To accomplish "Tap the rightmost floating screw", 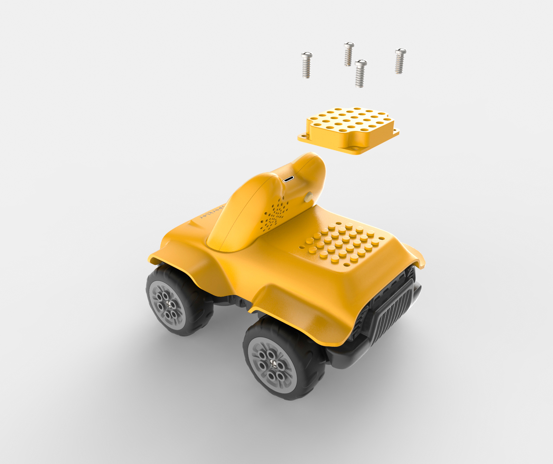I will point(400,61).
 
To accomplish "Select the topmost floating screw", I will point(348,54).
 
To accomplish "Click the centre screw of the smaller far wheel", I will point(169,303).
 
